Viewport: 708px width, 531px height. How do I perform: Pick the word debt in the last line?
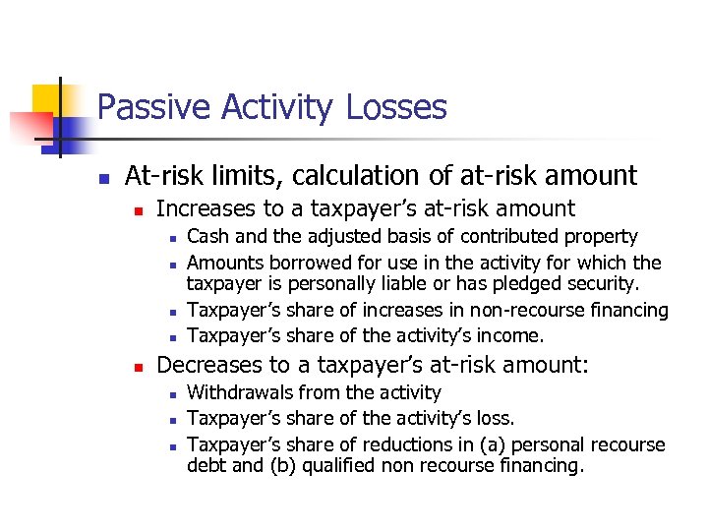coord(206,466)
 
